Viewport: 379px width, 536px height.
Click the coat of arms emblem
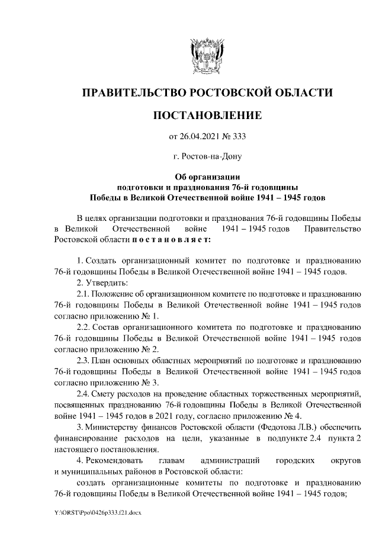207,57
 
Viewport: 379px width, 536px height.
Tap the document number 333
238,137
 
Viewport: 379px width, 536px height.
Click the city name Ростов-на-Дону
211,157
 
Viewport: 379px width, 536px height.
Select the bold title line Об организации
207,176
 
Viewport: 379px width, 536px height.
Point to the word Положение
115,293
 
